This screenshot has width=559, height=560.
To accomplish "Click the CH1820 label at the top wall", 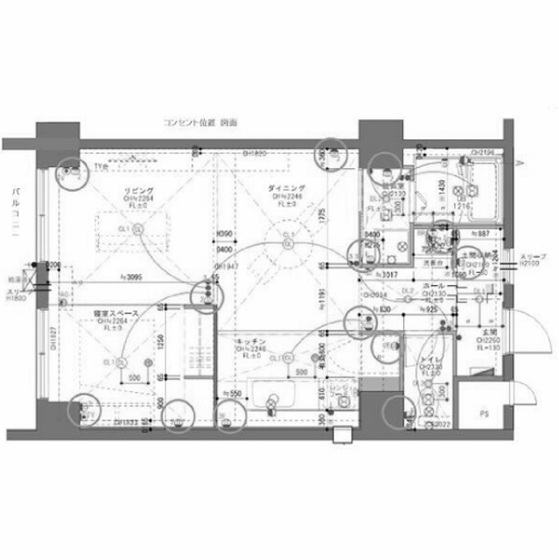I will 255,154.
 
